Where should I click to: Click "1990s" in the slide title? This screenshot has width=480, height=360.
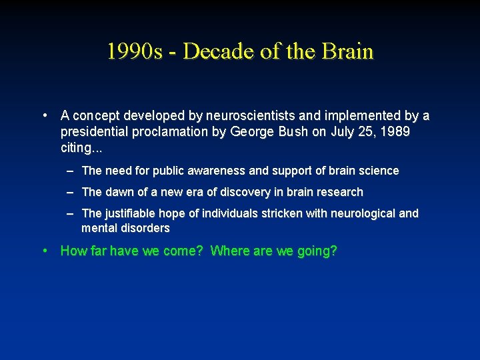click(x=134, y=51)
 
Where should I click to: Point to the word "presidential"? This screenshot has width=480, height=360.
click(x=93, y=131)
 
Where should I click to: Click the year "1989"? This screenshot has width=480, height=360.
click(x=393, y=131)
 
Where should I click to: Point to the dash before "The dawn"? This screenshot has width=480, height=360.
click(x=70, y=192)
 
